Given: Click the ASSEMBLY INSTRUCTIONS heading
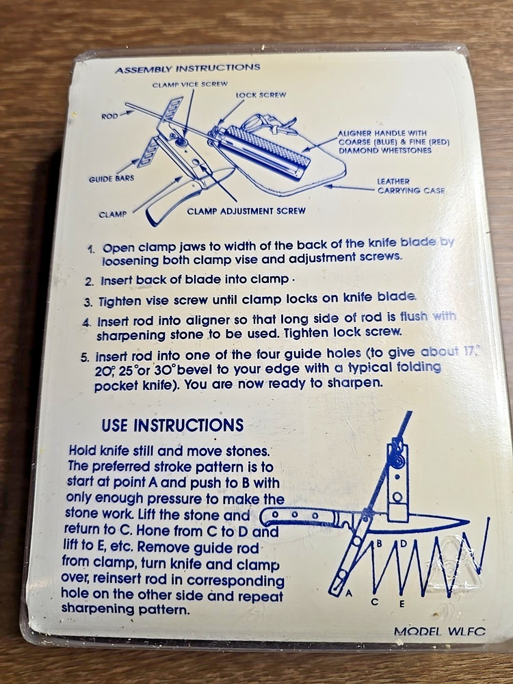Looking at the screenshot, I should [x=187, y=68].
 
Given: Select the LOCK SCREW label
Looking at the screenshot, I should [x=261, y=95].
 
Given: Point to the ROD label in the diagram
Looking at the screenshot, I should [x=109, y=116].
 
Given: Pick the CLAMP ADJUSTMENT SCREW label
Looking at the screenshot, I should [x=246, y=211].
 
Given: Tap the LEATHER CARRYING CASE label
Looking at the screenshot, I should [x=410, y=186].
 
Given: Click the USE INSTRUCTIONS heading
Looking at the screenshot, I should [x=172, y=425].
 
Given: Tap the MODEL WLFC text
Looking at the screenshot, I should [x=439, y=631].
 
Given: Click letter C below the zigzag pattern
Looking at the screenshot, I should [x=374, y=601].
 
